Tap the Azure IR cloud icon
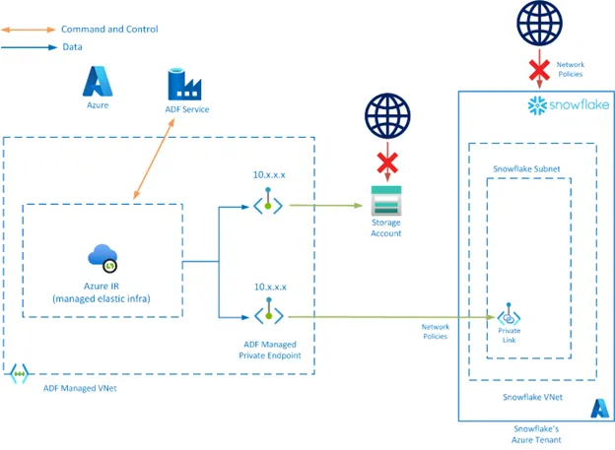coord(102,259)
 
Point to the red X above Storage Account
coord(385,161)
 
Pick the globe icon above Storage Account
coord(385,117)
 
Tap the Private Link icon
coord(510,317)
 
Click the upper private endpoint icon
coord(268,206)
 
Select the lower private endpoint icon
coord(268,315)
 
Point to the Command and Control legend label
coord(108,30)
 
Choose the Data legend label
coord(72,46)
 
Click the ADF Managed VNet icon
coord(19,375)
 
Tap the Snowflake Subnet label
coord(526,169)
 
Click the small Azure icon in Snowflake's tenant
coord(598,408)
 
